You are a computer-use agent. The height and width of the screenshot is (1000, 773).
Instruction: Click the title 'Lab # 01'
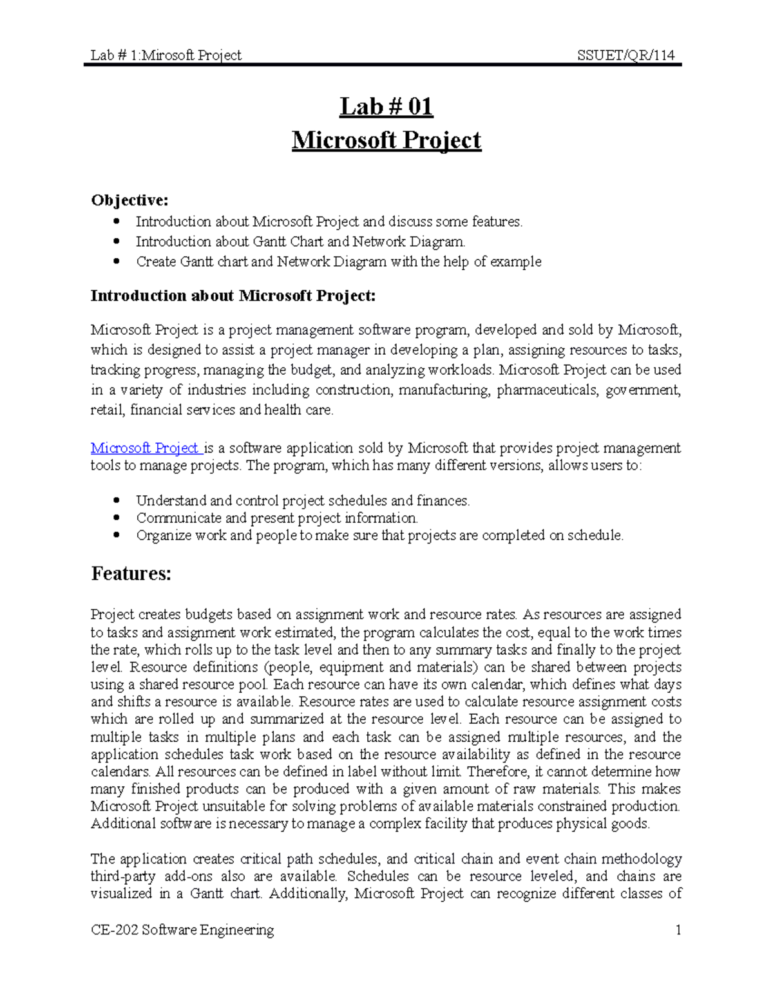386,107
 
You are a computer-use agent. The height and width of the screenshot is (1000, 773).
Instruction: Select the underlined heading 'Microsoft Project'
386,140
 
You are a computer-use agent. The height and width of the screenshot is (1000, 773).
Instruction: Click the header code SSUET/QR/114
625,55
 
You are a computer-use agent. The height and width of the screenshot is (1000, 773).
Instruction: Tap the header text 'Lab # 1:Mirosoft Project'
166,55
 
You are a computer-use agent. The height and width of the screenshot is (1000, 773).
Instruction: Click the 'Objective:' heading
129,200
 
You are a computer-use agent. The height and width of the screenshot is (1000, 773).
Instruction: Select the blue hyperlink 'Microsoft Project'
145,448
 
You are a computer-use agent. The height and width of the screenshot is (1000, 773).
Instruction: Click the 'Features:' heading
131,574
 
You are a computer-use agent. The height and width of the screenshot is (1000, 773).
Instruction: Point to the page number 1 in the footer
678,930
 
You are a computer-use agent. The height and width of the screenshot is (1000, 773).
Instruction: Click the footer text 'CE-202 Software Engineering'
182,930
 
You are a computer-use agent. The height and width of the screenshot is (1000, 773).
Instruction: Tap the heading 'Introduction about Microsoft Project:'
233,296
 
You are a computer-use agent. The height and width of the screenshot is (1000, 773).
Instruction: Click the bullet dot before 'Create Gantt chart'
117,261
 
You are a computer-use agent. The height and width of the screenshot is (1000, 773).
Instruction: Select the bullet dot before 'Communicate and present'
117,518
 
